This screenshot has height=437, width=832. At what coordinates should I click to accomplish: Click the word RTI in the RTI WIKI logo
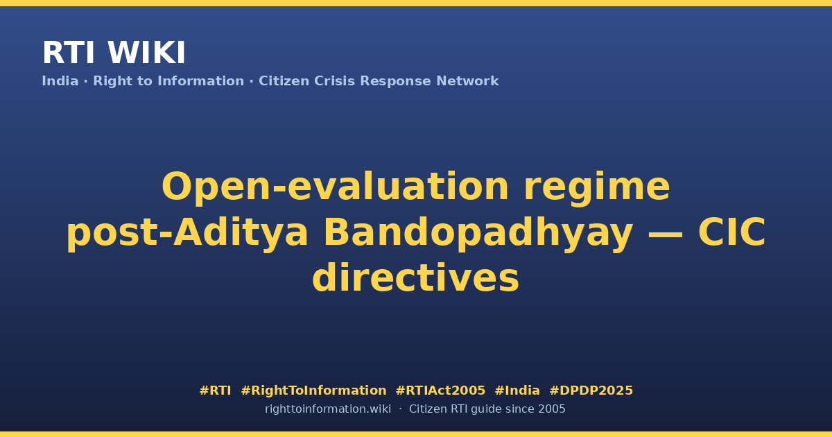[x=69, y=53]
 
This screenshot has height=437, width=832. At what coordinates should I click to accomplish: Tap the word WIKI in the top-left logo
[x=146, y=53]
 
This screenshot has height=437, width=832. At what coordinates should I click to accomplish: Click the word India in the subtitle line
[x=60, y=81]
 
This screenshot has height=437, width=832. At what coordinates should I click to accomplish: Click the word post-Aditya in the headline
[x=187, y=232]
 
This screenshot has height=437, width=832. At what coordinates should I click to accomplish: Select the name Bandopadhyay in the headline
[x=478, y=232]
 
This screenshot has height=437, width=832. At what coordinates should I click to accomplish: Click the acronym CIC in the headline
[x=731, y=232]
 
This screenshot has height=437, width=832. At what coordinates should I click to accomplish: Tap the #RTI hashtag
[x=215, y=391]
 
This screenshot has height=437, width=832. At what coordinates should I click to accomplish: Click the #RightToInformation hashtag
[x=313, y=391]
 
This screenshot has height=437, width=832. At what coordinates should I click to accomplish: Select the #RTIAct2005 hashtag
[x=440, y=391]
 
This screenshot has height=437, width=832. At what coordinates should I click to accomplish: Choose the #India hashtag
[x=517, y=391]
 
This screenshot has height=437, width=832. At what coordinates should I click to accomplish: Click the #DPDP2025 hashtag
[x=591, y=391]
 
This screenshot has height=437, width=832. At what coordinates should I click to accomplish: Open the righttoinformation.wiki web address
[x=328, y=409]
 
